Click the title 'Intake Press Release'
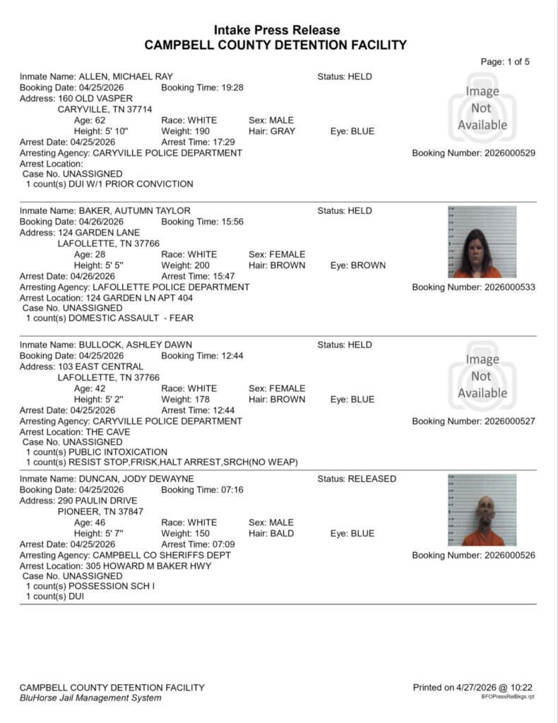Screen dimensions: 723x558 tap(276, 30)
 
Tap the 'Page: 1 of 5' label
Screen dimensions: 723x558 tap(504, 61)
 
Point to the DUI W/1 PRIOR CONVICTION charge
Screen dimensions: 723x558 tap(109, 184)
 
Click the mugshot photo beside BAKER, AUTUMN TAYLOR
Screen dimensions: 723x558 tap(482, 242)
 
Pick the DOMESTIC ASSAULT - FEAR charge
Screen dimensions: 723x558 tap(109, 318)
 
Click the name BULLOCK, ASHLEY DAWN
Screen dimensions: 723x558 tap(135, 345)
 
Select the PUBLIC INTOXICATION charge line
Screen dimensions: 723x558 tap(97, 452)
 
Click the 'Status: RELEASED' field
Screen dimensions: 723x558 tap(357, 479)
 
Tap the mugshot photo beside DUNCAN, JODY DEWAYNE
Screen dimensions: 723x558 tap(482, 510)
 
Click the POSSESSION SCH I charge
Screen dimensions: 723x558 tap(90, 586)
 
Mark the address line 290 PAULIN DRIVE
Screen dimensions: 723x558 tap(98, 501)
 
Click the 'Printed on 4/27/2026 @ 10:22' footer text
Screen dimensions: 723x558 tap(473, 687)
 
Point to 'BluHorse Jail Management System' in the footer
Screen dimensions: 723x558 tap(90, 698)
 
